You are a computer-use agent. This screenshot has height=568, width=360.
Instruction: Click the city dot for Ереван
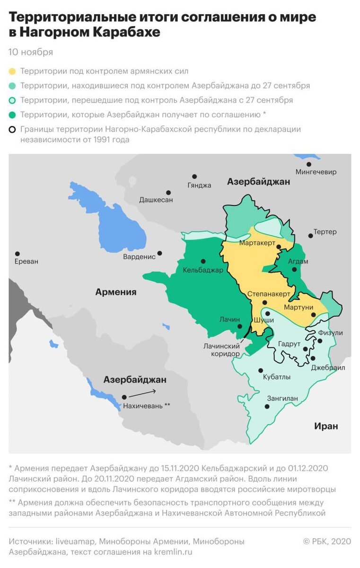pos(18,254)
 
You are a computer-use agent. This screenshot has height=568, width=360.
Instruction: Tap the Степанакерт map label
pos(268,294)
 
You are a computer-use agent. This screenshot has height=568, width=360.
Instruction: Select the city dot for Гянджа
pos(194,176)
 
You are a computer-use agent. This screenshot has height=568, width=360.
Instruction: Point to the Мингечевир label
pos(316,172)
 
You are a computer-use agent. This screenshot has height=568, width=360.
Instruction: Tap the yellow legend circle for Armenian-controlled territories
pos(12,71)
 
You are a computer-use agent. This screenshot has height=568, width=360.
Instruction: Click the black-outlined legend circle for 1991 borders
pos(12,129)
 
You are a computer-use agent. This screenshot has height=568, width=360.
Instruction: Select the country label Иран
pos(326,426)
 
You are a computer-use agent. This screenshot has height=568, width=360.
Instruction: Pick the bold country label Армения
pos(116,292)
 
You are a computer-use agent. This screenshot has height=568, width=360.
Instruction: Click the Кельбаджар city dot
pos(203,261)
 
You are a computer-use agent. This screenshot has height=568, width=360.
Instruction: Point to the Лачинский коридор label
pos(221,350)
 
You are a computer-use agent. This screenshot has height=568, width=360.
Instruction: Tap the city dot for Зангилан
pos(268,407)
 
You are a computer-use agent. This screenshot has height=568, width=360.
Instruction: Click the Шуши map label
pos(264,320)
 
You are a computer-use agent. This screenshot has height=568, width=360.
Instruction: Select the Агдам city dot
pos(294,270)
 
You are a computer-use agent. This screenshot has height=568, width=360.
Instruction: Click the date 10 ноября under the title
pos(31,52)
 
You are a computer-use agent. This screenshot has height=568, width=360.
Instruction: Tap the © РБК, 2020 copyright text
pos(327,541)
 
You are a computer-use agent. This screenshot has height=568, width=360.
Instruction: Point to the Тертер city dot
pos(310,235)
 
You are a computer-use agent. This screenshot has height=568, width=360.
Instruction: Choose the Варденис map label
pos(139,257)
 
